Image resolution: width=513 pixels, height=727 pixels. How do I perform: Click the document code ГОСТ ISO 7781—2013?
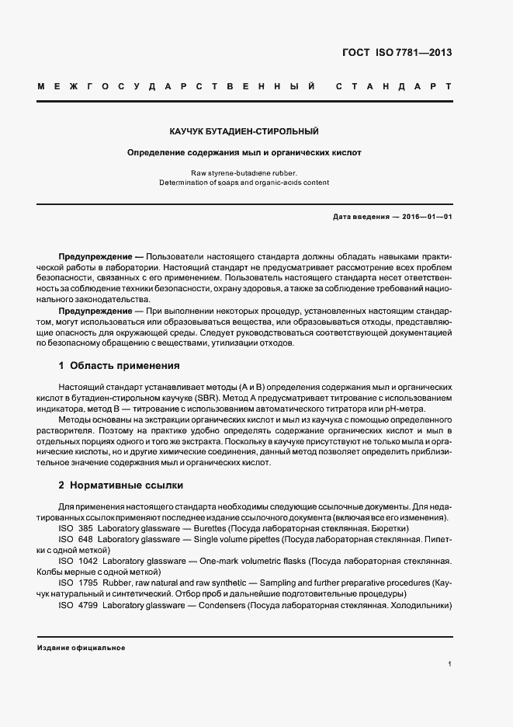(397, 53)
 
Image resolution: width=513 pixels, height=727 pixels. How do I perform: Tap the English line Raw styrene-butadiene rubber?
(244, 172)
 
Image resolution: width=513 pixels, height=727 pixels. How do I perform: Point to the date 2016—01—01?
(425, 217)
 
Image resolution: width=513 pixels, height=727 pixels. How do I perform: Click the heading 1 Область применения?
(120, 365)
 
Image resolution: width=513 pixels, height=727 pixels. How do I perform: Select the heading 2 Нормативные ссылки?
(121, 485)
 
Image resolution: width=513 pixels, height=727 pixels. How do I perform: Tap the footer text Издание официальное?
(81, 647)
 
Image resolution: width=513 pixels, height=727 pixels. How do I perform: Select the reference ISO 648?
(75, 539)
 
